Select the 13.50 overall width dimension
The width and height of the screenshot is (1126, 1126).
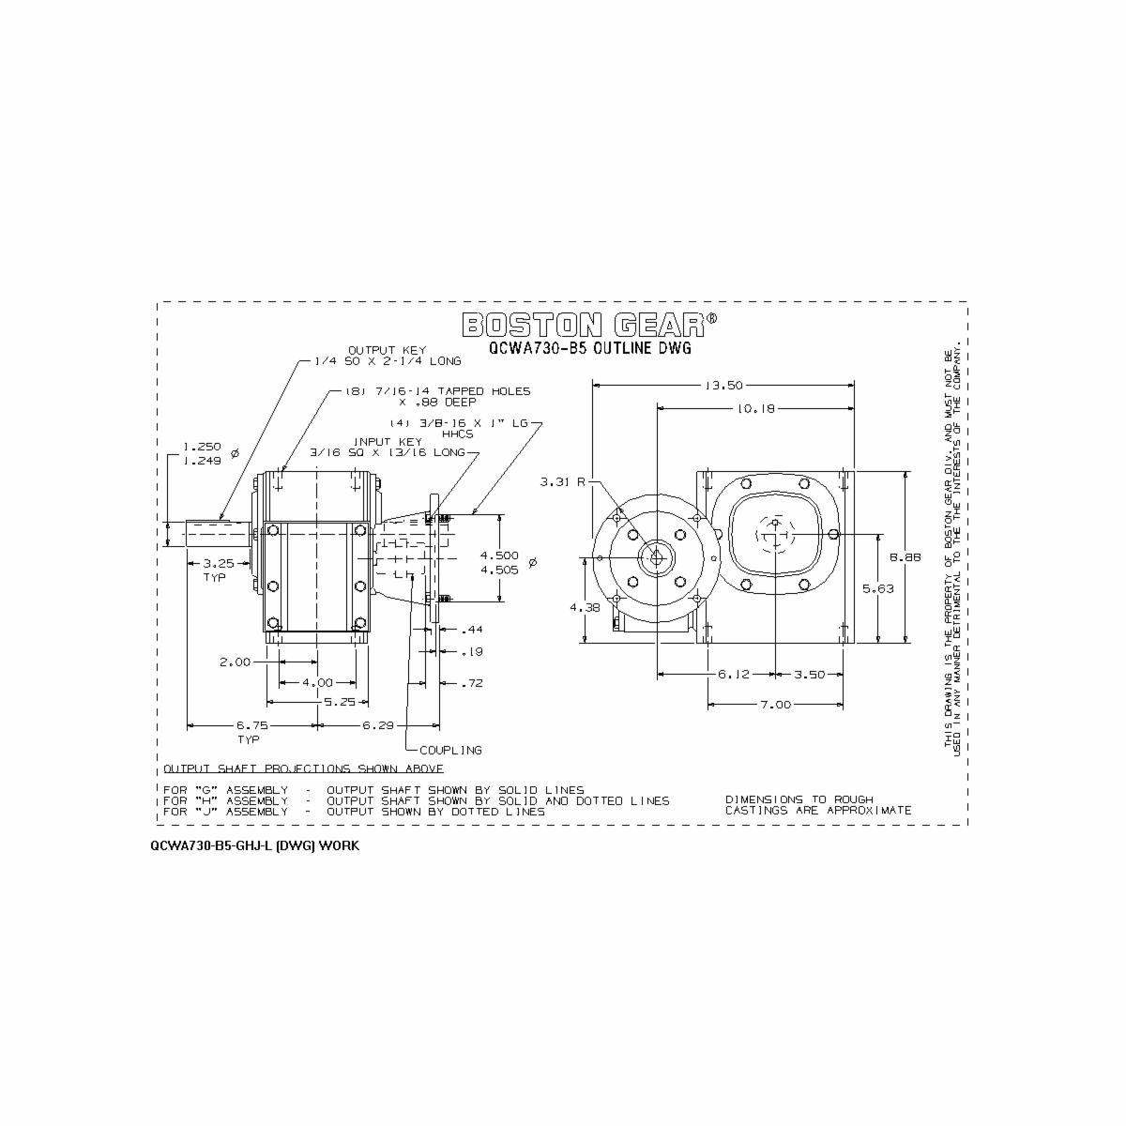tap(723, 385)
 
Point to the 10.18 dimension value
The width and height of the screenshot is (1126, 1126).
tap(755, 408)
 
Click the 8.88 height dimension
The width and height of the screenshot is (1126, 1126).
tap(905, 557)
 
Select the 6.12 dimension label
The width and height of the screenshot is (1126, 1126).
tap(732, 675)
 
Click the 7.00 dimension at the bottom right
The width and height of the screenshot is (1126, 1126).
tap(774, 704)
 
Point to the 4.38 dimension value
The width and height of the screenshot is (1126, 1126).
tap(584, 607)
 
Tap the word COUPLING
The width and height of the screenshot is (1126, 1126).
tap(450, 750)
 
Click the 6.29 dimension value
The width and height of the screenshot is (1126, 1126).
tap(378, 725)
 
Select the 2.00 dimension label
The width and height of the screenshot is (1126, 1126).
tap(235, 662)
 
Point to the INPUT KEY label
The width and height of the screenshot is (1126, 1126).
tap(385, 441)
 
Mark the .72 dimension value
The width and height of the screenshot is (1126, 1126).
tap(471, 684)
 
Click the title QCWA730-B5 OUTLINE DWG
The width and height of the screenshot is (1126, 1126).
tap(589, 347)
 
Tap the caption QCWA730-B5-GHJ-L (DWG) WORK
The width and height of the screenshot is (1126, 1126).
tap(253, 845)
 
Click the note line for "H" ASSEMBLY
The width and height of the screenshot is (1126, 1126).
tap(416, 800)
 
